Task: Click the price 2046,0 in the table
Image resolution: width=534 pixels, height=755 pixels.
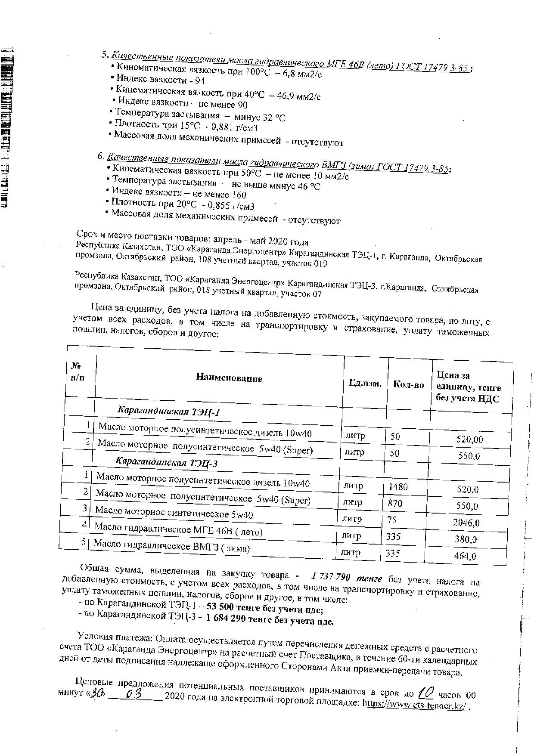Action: tap(466, 523)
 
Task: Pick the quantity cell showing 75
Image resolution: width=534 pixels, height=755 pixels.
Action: tap(391, 520)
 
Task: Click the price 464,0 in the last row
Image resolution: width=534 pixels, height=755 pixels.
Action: tap(465, 556)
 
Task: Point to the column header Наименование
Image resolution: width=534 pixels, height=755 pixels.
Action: tap(229, 378)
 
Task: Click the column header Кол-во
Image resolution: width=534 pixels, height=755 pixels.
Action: tap(408, 384)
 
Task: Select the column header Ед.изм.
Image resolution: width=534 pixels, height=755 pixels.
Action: tap(365, 383)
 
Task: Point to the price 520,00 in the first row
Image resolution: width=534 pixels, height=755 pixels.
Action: tap(469, 439)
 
